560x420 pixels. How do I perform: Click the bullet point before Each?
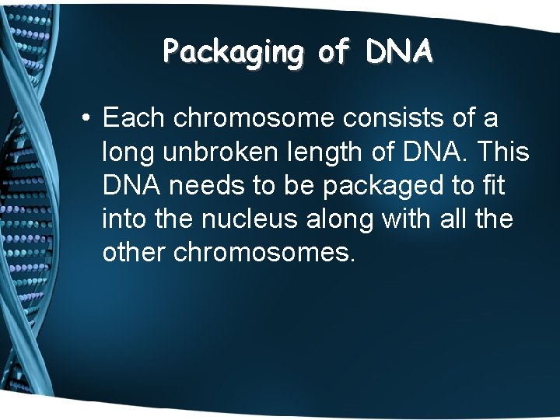pyautogui.click(x=87, y=119)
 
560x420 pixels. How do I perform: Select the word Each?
pyautogui.click(x=134, y=118)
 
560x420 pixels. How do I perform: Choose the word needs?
pyautogui.click(x=205, y=186)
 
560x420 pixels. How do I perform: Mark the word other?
pyautogui.click(x=133, y=253)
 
